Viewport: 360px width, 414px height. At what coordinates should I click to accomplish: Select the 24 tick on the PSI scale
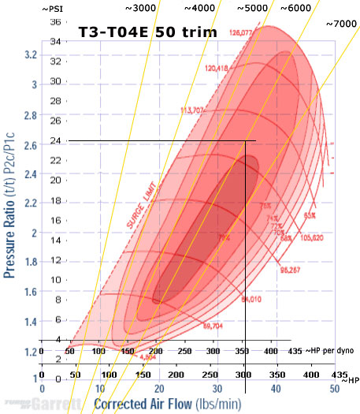[x=55, y=142]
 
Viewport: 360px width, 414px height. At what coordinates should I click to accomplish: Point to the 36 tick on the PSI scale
[x=55, y=22]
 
